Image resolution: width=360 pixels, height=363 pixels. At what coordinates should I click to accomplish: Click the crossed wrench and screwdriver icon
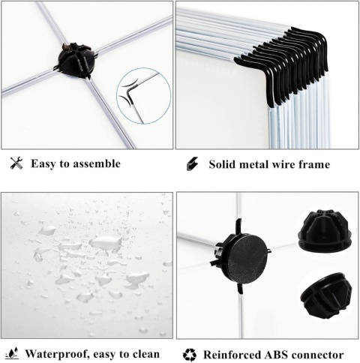pos(16,163)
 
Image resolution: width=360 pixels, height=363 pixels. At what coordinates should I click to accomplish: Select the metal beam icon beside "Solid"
pos(192,163)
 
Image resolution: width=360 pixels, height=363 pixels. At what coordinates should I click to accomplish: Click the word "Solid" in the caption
pos(222,164)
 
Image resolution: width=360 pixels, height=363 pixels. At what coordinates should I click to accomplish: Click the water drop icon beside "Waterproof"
pos(12,353)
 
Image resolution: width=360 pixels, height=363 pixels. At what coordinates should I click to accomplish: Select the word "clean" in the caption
pos(146,354)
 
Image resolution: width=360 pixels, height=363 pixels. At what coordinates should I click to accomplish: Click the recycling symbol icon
pos(190,355)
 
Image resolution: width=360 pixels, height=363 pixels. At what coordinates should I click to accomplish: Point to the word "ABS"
pos(276,355)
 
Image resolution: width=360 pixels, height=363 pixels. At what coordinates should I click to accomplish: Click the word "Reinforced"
pos(232,355)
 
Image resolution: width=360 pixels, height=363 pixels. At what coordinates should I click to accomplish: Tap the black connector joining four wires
pos(76,60)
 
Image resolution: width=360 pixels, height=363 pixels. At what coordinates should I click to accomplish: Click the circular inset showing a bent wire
pos(144,95)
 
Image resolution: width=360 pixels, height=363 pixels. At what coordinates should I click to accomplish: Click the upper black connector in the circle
pos(325,231)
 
